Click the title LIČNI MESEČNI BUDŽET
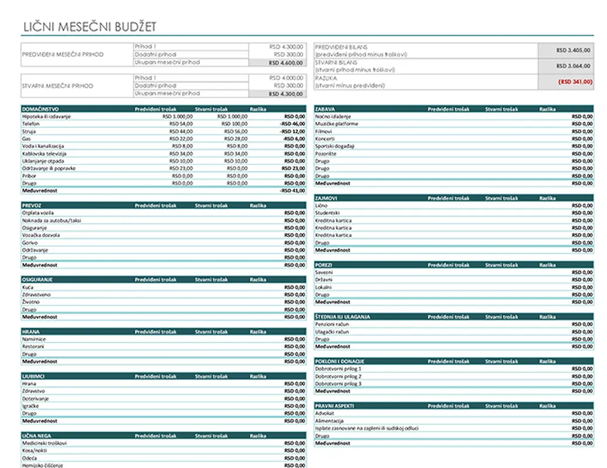tap(90, 27)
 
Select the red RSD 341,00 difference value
tap(575, 82)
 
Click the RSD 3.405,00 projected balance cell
tap(574, 50)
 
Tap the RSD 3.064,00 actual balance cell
tap(574, 66)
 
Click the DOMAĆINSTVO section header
tap(40, 109)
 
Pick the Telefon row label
tap(31, 124)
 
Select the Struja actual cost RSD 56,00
tap(236, 131)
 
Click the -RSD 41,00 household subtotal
tap(293, 190)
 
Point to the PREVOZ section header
tap(32, 206)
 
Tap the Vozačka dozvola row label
tap(41, 235)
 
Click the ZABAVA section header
tap(325, 109)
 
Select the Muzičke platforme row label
tap(337, 124)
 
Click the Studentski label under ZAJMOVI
tap(327, 213)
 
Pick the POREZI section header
tap(324, 265)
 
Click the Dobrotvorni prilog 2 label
tap(339, 376)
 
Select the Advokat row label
tap(325, 413)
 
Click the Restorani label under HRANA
tap(33, 346)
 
